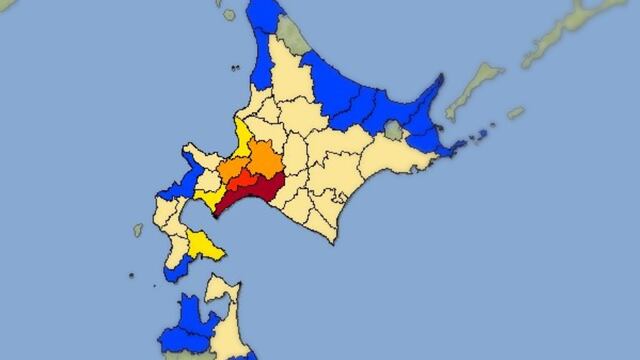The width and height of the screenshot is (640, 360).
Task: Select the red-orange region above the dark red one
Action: pyautogui.click(x=244, y=178)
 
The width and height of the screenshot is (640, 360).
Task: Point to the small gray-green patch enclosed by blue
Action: pyautogui.click(x=393, y=130)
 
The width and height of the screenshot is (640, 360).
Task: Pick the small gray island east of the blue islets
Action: pyautogui.click(x=515, y=113)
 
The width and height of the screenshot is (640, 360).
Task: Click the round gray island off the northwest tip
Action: pyautogui.click(x=229, y=16)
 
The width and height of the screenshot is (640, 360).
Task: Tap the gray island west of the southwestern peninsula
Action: pyautogui.click(x=138, y=230)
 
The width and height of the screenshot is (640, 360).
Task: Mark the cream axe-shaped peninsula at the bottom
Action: pyautogui.click(x=222, y=300)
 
